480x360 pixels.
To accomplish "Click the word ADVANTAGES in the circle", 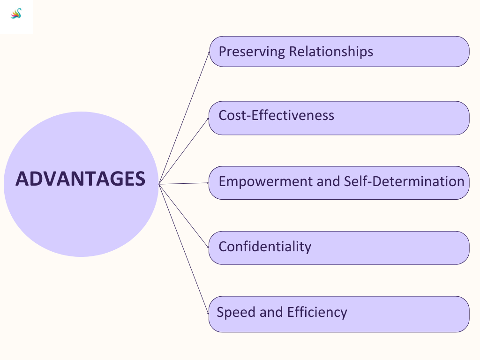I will tap(80, 179).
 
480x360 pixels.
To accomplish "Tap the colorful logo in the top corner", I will tap(16, 14).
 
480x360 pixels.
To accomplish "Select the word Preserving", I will tap(252, 52).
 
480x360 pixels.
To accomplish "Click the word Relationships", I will tap(331, 52).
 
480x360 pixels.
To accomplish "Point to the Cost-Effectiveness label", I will tap(276, 115).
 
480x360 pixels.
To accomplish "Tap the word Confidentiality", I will tap(265, 247).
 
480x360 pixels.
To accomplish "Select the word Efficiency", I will tap(317, 312).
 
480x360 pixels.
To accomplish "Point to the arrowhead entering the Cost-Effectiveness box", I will tap(208, 119).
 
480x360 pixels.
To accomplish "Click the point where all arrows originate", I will tap(159, 184).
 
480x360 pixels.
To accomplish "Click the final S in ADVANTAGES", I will tap(139, 179).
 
